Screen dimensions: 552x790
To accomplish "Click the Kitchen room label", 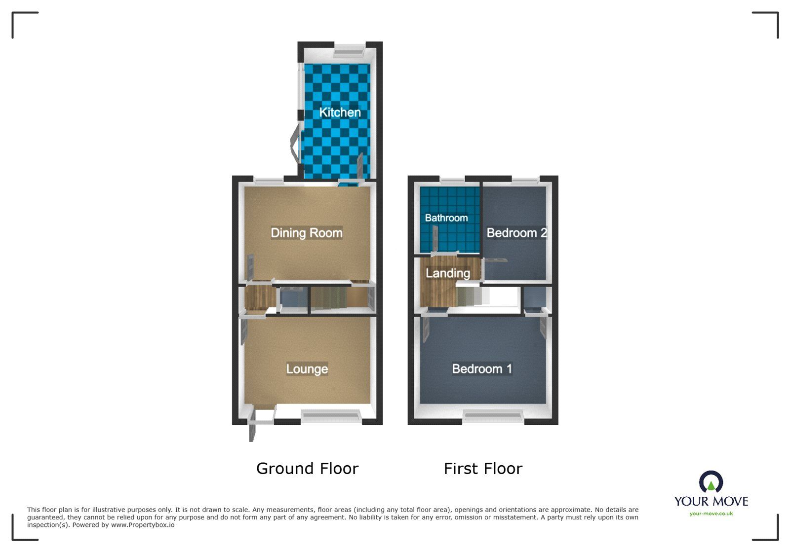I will click(x=340, y=112).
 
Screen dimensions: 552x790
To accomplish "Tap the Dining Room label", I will click(x=306, y=233).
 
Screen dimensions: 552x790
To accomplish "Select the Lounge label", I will click(x=307, y=369).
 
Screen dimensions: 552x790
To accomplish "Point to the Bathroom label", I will click(x=446, y=218).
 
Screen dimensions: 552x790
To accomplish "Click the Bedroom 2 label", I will click(x=516, y=233).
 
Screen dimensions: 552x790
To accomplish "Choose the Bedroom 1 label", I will click(x=482, y=369).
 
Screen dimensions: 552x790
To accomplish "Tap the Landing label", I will click(x=447, y=273).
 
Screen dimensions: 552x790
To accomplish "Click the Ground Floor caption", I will click(x=307, y=469).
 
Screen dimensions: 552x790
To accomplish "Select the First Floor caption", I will click(x=482, y=469).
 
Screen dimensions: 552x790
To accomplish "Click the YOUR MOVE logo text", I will click(x=711, y=501).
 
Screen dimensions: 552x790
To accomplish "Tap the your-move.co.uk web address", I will click(x=711, y=514).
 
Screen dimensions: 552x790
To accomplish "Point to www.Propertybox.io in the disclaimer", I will click(x=142, y=525).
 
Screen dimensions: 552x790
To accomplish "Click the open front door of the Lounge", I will click(x=252, y=424).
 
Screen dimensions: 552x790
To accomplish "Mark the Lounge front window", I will click(x=331, y=417).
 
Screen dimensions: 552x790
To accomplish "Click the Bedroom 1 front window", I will click(x=493, y=417).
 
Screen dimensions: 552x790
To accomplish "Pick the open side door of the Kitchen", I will click(x=294, y=143).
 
